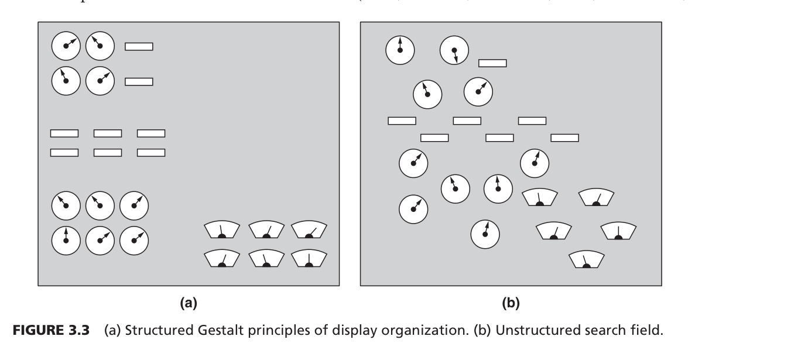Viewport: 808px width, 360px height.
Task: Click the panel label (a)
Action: coord(189,303)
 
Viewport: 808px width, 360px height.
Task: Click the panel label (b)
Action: coord(511,303)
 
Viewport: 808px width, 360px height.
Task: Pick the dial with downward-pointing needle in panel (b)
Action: coord(454,50)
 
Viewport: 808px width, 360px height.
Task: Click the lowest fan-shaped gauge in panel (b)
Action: coord(587,259)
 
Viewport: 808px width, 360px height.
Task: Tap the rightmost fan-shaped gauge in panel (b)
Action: coord(618,231)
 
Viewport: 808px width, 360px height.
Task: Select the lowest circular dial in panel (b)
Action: coord(485,234)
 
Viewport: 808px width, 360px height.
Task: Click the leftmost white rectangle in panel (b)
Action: coord(402,121)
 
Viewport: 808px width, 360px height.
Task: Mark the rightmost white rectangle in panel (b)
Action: coord(564,138)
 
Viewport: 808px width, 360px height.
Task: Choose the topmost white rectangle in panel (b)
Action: coord(492,63)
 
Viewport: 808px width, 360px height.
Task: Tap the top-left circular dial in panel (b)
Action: coord(400,50)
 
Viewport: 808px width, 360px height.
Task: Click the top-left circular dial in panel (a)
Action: coord(66,46)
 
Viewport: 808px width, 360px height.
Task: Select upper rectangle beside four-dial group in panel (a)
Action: coord(139,46)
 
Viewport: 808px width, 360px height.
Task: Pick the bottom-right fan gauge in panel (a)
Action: coord(309,259)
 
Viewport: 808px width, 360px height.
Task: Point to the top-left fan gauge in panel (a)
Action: coord(222,230)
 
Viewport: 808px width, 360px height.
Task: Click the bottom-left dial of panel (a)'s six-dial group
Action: coord(66,240)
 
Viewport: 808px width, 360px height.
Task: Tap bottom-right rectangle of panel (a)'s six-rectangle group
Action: coord(151,152)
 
